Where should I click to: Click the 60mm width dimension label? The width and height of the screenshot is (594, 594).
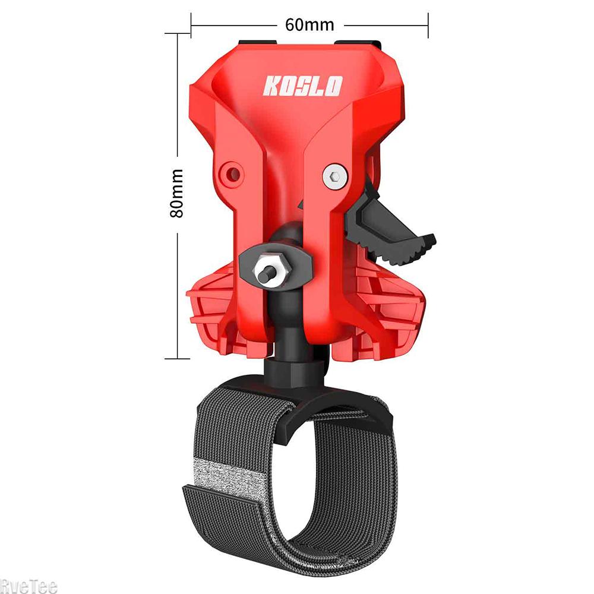(x=309, y=25)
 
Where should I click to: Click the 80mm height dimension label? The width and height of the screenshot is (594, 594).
(x=176, y=194)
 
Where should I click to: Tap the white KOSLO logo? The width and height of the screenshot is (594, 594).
(x=303, y=86)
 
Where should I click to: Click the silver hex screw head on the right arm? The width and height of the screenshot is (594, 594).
(x=335, y=176)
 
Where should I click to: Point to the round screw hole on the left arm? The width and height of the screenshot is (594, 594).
(x=232, y=174)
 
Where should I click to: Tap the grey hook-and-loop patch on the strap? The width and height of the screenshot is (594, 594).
(x=228, y=478)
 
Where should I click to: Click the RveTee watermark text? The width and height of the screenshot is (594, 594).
(x=29, y=586)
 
